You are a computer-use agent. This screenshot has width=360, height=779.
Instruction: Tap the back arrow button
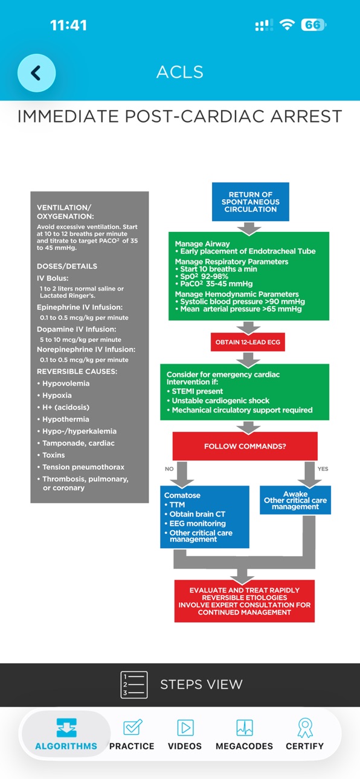click(x=36, y=73)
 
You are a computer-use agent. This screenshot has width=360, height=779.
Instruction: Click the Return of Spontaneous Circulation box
click(x=251, y=202)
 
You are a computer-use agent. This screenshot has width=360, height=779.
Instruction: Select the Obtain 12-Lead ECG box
click(x=248, y=342)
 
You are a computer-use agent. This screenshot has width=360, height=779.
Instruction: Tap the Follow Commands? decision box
click(x=245, y=446)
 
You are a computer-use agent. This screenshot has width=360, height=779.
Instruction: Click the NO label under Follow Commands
click(x=169, y=469)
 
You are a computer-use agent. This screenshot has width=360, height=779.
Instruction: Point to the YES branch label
click(x=323, y=469)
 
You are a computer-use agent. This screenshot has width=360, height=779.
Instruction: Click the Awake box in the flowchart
click(x=295, y=500)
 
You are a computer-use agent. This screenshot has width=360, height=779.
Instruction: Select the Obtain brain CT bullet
click(x=194, y=514)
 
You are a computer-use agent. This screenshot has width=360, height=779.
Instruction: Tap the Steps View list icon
click(x=134, y=685)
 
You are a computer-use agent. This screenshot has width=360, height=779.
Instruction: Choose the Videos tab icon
click(x=185, y=728)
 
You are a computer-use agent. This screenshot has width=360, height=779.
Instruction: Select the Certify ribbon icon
click(x=305, y=728)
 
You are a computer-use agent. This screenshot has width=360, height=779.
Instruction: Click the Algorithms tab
click(x=66, y=734)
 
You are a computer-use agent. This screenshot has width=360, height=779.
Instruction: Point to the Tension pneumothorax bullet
click(x=81, y=467)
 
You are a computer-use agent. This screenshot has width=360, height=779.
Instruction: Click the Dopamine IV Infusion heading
click(x=77, y=329)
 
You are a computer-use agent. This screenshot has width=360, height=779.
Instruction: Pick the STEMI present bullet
click(x=194, y=391)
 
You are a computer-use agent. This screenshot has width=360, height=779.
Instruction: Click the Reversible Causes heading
click(x=77, y=371)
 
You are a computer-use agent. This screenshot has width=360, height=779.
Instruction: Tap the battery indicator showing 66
click(x=313, y=25)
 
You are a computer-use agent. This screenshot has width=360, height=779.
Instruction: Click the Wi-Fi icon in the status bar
click(x=288, y=25)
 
